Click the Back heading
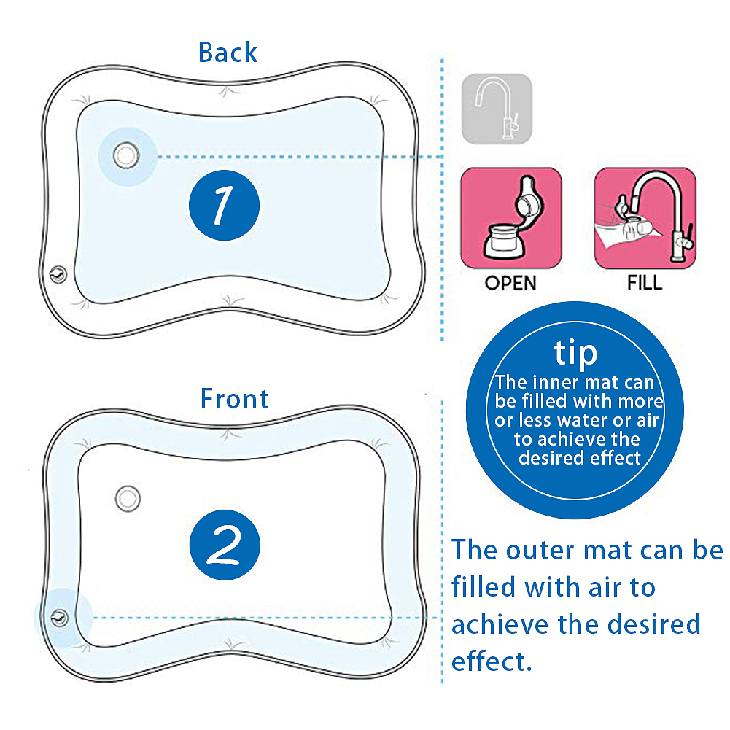(x=228, y=53)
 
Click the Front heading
(x=234, y=399)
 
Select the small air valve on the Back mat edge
(x=55, y=275)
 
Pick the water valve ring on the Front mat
(x=128, y=498)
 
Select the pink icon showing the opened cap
(x=510, y=218)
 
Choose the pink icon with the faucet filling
(x=645, y=218)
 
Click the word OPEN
(x=510, y=283)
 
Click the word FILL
(x=645, y=283)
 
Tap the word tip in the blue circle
(x=575, y=352)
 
